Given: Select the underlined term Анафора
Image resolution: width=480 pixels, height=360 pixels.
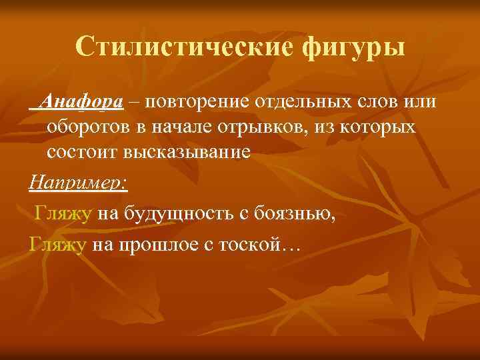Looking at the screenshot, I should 81,101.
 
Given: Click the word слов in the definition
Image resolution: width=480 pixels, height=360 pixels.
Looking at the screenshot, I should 373,101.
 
